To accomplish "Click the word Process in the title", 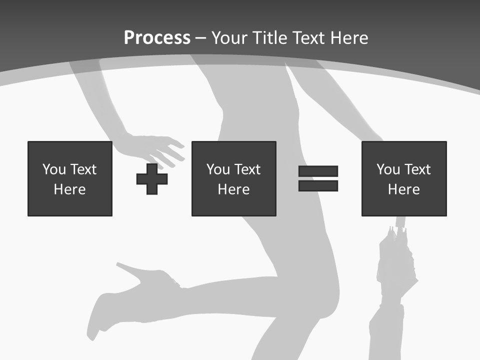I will click(157, 37).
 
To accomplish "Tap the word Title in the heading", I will click(269, 37).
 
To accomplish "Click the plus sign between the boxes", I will click(152, 178).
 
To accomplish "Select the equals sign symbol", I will click(318, 178).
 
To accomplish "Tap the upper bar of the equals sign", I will click(318, 171).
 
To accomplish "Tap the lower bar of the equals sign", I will click(318, 186).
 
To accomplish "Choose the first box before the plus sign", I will click(70, 178).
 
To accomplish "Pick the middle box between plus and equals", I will click(233, 178).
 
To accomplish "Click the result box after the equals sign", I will click(404, 178).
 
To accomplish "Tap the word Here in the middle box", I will click(233, 189).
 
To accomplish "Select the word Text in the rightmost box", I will click(417, 169).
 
